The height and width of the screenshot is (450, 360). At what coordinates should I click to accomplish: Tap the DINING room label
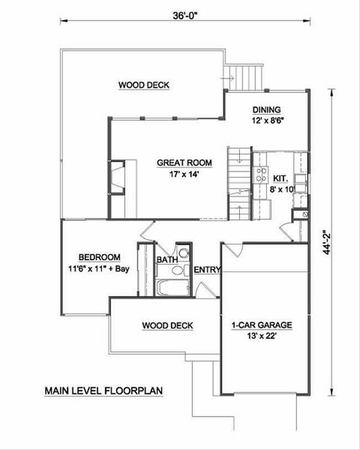(266, 109)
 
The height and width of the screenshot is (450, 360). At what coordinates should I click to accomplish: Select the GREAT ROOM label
(178, 163)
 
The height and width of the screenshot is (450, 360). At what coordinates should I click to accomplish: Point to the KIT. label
(281, 178)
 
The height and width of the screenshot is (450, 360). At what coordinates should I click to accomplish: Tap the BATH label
(166, 260)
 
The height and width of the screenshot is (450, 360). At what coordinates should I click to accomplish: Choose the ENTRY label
(208, 270)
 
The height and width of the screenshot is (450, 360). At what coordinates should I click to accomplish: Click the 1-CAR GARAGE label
(262, 326)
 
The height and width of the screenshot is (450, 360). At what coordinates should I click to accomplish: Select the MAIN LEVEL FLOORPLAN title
(104, 391)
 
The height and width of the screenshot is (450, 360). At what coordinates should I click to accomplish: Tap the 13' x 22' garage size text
(262, 337)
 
